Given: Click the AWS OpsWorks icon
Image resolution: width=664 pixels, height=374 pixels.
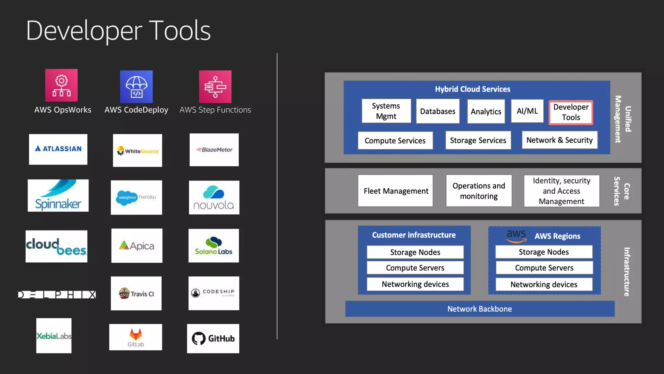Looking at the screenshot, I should [x=61, y=85].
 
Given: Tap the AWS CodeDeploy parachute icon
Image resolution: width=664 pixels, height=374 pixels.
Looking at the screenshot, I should [x=136, y=86].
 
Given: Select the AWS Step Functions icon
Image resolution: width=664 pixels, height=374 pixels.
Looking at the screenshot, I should [x=215, y=86].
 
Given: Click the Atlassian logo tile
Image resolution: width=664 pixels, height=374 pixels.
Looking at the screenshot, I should [x=58, y=149].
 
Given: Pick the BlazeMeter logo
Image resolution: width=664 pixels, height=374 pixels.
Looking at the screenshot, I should [x=214, y=150].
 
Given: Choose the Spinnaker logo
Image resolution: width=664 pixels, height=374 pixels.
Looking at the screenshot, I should [x=58, y=195].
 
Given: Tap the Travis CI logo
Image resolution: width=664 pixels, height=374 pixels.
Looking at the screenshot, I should [x=136, y=293].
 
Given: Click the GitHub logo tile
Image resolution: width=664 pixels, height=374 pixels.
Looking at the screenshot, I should [x=213, y=338].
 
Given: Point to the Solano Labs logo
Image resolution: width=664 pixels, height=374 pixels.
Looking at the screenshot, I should [x=214, y=246].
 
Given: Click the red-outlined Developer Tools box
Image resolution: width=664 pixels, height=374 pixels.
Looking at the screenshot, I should [x=571, y=112].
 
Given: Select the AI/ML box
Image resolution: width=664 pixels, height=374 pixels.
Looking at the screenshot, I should [x=527, y=111].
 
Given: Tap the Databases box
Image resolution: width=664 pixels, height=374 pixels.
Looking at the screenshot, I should [x=438, y=111].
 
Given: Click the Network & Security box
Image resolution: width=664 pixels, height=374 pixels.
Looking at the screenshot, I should [x=559, y=140].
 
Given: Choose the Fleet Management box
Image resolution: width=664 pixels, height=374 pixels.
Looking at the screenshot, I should [x=396, y=191].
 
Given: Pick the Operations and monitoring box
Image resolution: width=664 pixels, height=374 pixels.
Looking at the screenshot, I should [x=479, y=191].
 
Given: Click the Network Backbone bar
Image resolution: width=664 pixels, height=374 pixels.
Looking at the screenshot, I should [x=480, y=309].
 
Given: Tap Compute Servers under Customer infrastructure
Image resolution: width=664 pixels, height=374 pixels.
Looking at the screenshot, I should [x=415, y=268].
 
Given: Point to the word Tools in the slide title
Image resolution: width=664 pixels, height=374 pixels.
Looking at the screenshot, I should [x=181, y=31].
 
